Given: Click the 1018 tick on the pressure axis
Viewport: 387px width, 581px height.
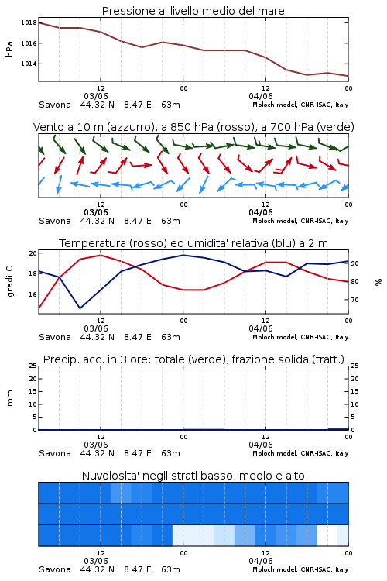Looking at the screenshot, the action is (x=29, y=22).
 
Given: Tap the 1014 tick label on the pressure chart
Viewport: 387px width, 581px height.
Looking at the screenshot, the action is (x=29, y=64).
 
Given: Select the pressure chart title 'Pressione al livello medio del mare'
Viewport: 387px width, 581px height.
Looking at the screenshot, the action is (x=193, y=11).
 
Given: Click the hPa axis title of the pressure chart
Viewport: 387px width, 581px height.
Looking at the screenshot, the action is (x=9, y=49).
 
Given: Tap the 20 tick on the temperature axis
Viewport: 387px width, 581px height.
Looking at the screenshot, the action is (x=33, y=253).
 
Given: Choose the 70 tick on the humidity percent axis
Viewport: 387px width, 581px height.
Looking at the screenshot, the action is (x=354, y=300).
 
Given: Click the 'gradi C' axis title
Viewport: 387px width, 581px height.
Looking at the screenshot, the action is (x=10, y=282).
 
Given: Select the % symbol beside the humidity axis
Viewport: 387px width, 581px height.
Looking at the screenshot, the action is (x=378, y=282).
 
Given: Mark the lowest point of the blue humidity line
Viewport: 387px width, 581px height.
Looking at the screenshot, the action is (x=80, y=308).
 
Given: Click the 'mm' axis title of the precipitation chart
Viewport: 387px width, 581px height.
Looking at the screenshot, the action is (x=9, y=398).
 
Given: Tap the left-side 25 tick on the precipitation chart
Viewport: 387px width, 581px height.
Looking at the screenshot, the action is (x=33, y=366).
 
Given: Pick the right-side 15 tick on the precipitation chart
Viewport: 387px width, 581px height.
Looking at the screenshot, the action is (x=354, y=391).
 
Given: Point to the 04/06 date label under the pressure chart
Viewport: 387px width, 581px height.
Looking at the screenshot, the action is (x=261, y=96).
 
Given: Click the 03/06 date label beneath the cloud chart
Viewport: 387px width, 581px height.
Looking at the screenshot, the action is (x=96, y=561).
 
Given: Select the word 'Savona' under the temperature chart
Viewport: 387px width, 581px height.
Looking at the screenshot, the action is (x=55, y=337).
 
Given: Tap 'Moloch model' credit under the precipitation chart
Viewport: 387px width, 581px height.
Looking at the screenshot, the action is (x=275, y=453).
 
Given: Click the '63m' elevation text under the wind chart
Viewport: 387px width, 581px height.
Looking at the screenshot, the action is (x=171, y=221).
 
